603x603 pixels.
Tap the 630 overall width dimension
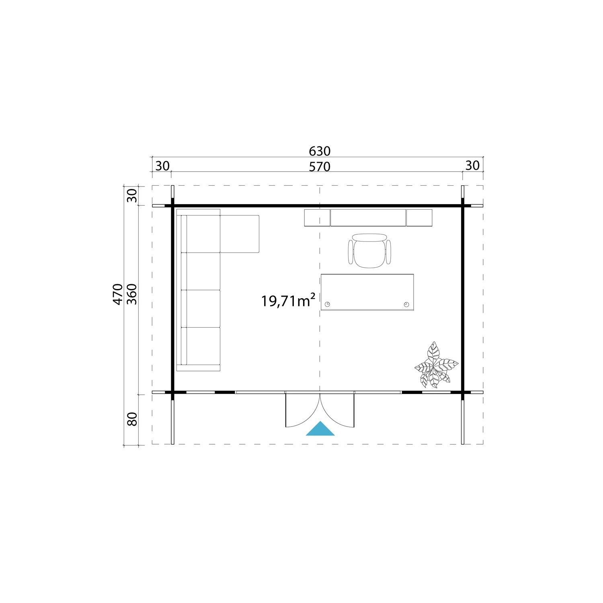(320, 151)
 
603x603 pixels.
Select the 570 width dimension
(320, 166)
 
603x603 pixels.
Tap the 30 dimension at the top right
(472, 166)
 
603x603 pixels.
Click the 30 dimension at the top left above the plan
(162, 166)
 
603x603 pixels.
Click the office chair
(369, 250)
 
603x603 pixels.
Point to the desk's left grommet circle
(328, 304)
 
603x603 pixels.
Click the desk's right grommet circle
(406, 304)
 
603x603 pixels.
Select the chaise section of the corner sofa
(240, 234)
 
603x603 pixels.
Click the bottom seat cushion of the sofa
(203, 346)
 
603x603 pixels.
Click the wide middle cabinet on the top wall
(368, 217)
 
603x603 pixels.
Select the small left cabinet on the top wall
(317, 217)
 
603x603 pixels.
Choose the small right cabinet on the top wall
(419, 217)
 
